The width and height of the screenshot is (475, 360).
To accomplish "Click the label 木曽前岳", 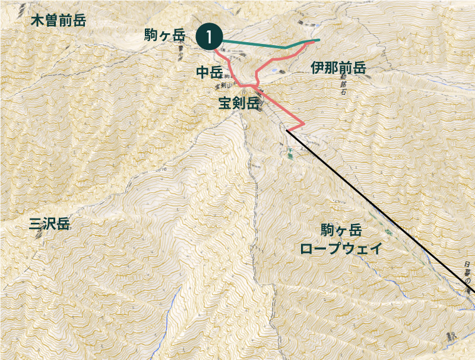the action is point(58,21).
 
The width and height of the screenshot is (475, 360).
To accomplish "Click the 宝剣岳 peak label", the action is point(239,103).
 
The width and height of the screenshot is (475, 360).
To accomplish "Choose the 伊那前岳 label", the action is point(338,68).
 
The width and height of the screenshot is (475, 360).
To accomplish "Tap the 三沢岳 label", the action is point(50,224).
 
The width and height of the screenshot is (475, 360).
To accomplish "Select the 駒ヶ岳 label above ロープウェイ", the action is point(341,230).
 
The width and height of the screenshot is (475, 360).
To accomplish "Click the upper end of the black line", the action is point(287,130).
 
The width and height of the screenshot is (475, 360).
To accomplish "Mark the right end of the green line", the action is point(319,40).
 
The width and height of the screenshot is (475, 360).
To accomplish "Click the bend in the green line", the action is point(286,47).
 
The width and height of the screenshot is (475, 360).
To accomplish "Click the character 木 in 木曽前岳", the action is point(37,21).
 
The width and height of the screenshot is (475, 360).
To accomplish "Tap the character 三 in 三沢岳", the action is point(36,224).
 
